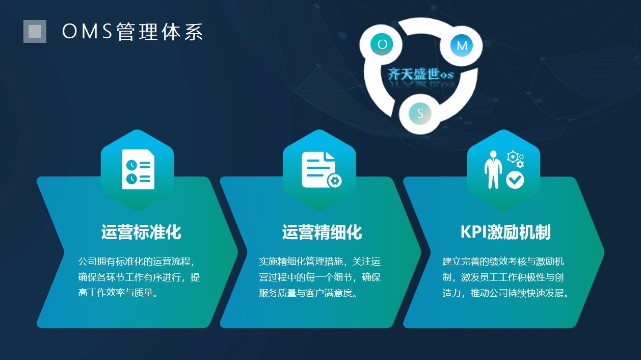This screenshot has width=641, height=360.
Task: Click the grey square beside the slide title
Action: point(35,31)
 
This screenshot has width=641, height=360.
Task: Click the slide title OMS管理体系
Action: point(133,32)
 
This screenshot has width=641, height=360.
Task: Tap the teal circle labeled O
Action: point(382,44)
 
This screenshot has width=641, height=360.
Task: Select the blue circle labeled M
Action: point(462,45)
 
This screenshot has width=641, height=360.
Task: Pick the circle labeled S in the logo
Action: point(420,113)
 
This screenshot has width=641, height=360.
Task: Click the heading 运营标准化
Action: point(141,232)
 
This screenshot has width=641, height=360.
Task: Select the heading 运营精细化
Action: point(322,232)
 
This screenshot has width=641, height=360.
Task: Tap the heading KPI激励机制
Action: point(505,232)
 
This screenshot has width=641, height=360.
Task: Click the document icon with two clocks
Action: point(138,169)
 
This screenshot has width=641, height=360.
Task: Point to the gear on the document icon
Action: point(335,181)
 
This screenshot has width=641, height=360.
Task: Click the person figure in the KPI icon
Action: point(493,169)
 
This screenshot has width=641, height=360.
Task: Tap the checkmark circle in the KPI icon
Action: point(515,180)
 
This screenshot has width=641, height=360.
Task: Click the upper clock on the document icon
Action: point(131,165)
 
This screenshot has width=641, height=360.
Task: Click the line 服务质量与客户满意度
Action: point(308,293)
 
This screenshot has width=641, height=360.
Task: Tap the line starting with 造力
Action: point(506,293)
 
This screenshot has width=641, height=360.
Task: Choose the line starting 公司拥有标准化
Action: point(137,262)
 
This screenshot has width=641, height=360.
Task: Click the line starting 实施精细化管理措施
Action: point(319,262)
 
